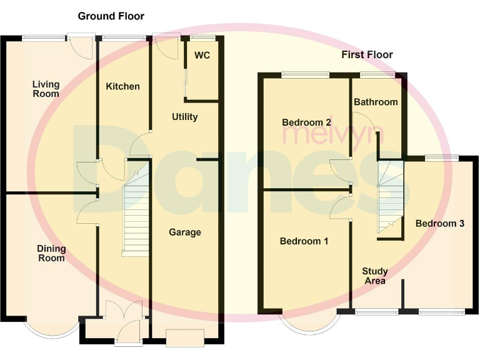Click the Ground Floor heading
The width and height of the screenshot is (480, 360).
tap(111, 16)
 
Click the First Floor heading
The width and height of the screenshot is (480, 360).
tap(367, 55)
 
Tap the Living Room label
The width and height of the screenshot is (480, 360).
tap(46, 89)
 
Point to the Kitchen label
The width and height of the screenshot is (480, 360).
tap(122, 86)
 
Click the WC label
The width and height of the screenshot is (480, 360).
tap(201, 56)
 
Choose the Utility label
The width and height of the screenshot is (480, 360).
tap(184, 117)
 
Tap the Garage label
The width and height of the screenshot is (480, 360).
tap(185, 232)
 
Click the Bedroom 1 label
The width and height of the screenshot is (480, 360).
tap(304, 241)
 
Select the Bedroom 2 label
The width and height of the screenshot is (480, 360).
tap(306, 122)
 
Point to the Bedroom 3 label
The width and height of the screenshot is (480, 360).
tap(439, 223)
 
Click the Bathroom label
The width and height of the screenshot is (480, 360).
tap(376, 102)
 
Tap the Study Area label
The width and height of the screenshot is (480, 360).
tap(375, 276)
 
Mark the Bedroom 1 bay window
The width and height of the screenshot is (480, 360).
tap(311, 321)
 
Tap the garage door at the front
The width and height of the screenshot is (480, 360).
tap(184, 338)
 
